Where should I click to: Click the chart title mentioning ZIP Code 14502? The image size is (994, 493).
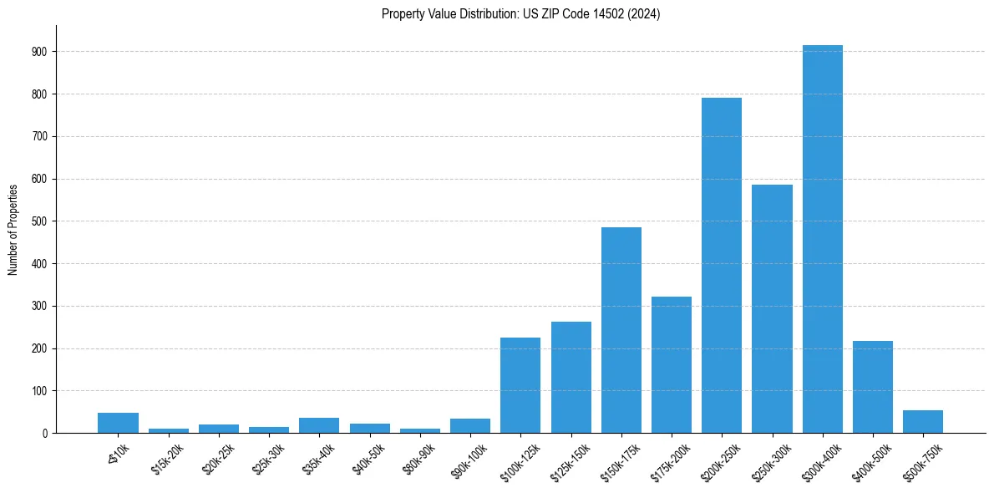[520, 14]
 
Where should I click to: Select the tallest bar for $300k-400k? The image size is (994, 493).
[822, 239]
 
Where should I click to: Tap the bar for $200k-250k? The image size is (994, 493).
[722, 266]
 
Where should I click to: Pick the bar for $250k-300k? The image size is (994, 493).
[772, 309]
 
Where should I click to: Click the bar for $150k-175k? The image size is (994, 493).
[621, 330]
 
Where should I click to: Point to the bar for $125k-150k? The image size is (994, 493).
[571, 377]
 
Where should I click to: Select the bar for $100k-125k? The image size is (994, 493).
[520, 385]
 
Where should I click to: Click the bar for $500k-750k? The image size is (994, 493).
[923, 422]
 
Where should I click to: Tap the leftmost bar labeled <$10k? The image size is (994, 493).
[118, 423]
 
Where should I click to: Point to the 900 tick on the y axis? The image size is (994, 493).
[40, 52]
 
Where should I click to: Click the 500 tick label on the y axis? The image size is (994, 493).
[40, 221]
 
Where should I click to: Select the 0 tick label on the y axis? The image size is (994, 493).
[45, 434]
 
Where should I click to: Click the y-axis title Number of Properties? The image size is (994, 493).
[13, 229]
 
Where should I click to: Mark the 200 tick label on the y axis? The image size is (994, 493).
[40, 348]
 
